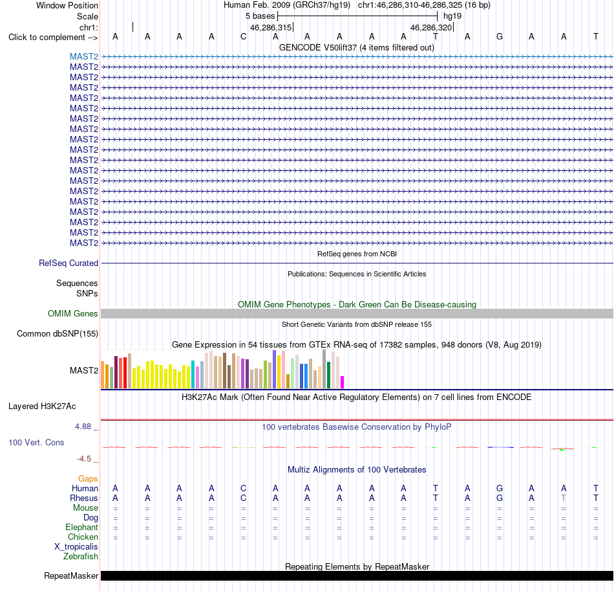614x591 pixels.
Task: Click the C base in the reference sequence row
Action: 244,37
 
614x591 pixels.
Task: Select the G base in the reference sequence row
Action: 499,37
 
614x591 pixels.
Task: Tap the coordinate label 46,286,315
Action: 271,27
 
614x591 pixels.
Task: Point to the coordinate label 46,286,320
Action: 431,27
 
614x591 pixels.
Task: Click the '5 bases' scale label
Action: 260,16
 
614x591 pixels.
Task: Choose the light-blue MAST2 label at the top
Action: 84,56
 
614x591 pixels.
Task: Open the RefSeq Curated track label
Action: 69,263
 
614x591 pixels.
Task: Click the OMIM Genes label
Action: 73,314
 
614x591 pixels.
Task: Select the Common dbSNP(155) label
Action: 58,334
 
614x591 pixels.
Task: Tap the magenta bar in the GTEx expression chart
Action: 343,383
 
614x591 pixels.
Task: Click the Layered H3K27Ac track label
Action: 42,407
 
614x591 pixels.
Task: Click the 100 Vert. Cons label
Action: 36,442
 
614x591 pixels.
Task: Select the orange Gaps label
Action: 88,478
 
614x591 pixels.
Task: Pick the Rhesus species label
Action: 84,498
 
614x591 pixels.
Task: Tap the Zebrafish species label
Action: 81,556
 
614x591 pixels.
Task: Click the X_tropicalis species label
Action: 76,547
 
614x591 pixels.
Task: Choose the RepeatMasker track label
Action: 71,575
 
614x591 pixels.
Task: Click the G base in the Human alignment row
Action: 499,488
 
